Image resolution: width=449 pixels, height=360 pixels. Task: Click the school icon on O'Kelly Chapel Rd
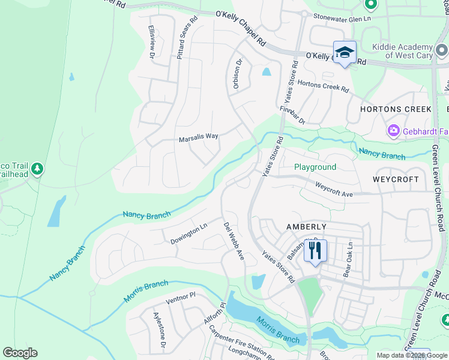[x=345, y=53]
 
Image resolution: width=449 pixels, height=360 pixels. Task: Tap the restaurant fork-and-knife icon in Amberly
[x=315, y=251]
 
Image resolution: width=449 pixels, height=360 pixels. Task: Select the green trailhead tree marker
[x=38, y=169]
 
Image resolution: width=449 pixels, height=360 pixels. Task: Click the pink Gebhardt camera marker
[x=394, y=130]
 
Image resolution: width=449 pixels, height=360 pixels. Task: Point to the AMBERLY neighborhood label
[x=306, y=227]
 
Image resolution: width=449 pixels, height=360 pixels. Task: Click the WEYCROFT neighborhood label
[x=395, y=179]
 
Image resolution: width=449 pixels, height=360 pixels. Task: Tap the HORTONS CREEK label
[x=396, y=109]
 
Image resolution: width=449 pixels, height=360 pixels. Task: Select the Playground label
[x=315, y=167]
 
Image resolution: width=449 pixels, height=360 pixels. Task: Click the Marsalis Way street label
[x=198, y=137]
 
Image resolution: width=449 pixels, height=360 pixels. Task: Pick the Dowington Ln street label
[x=188, y=232]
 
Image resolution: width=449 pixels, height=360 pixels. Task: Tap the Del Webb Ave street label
[x=234, y=241]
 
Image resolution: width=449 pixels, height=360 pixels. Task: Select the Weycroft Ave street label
[x=333, y=190]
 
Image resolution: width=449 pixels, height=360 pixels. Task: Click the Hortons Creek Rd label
[x=322, y=86]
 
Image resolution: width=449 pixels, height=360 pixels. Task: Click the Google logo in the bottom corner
[x=20, y=353]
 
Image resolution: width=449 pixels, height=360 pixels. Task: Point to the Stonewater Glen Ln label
[x=342, y=19]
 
